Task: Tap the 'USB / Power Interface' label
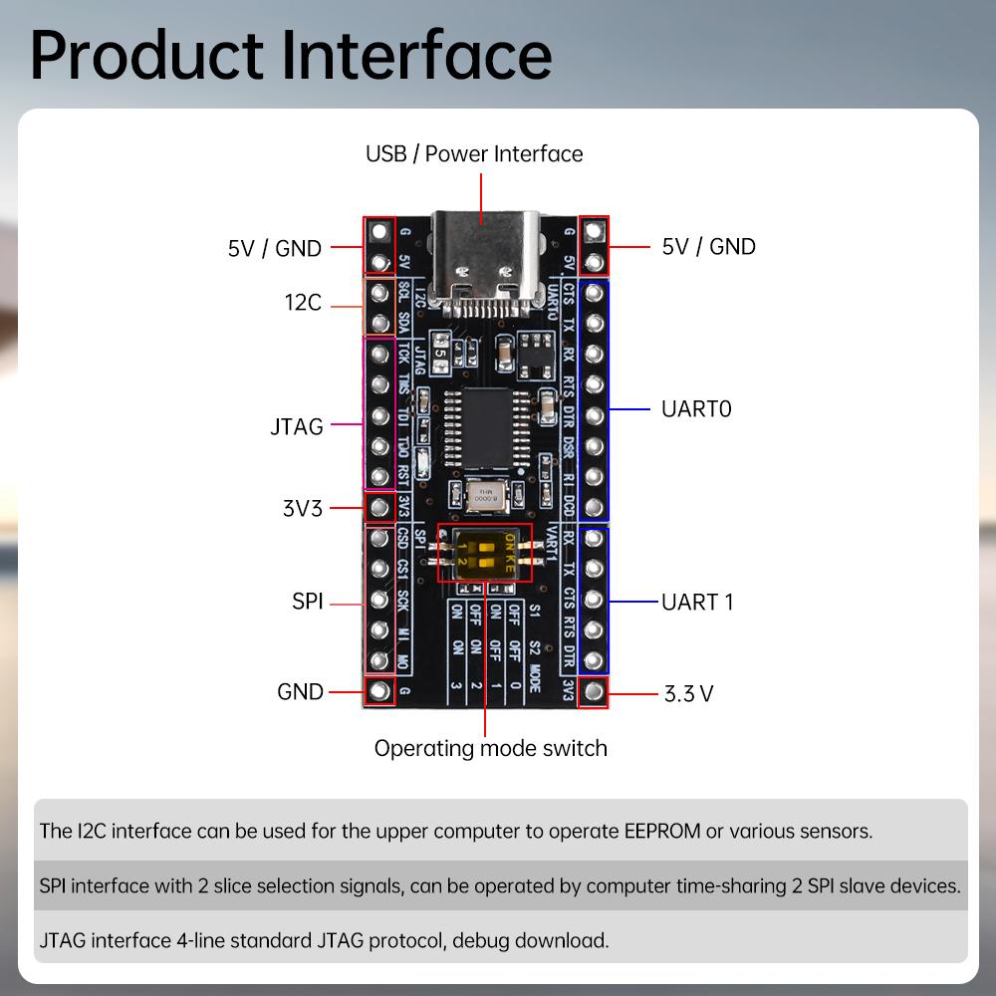pyautogui.click(x=474, y=154)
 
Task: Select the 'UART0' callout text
pyautogui.click(x=696, y=408)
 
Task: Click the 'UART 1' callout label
pyautogui.click(x=697, y=602)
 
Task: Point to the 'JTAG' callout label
pyautogui.click(x=297, y=426)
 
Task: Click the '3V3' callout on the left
pyautogui.click(x=302, y=508)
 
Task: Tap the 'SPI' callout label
pyautogui.click(x=308, y=602)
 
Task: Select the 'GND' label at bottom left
pyautogui.click(x=301, y=691)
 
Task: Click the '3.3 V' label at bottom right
pyautogui.click(x=688, y=694)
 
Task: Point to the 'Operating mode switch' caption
pyautogui.click(x=490, y=748)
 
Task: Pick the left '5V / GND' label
pyautogui.click(x=275, y=248)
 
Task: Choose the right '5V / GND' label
pyautogui.click(x=708, y=246)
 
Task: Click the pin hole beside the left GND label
pyautogui.click(x=378, y=691)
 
